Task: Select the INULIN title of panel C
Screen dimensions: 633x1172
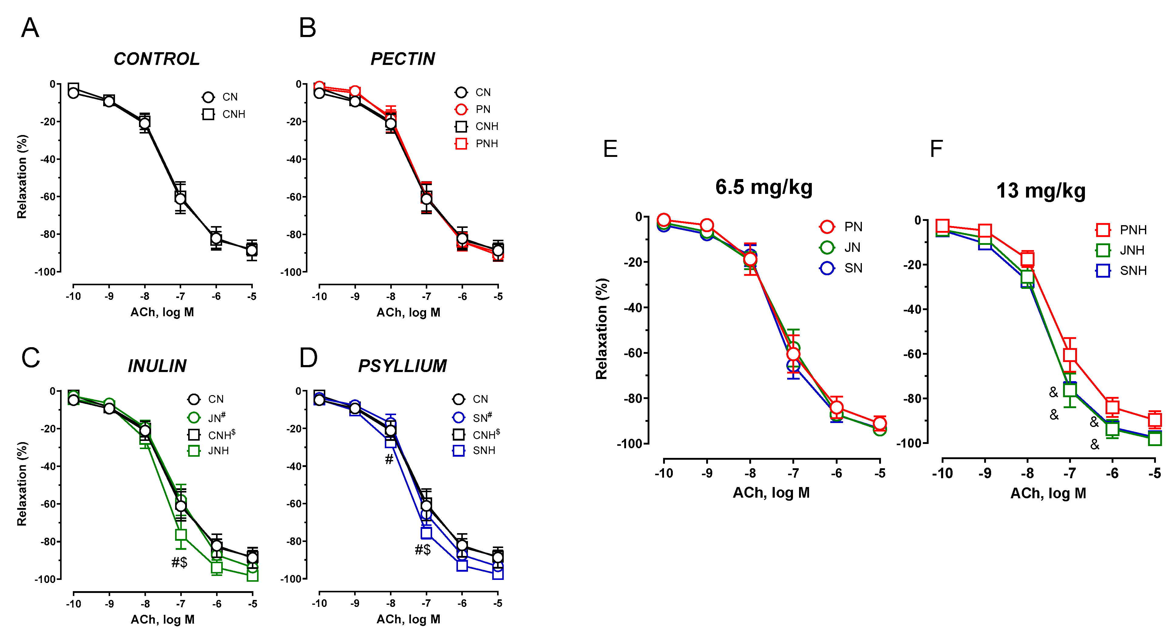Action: click(x=157, y=366)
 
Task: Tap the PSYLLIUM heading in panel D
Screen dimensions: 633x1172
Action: click(x=402, y=366)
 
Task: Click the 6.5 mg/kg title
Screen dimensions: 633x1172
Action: click(x=764, y=187)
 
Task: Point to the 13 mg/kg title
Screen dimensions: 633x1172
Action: click(x=1041, y=191)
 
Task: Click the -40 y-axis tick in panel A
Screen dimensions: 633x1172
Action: click(x=48, y=159)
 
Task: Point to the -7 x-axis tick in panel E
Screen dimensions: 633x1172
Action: click(x=793, y=473)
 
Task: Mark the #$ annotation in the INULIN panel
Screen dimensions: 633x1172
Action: click(x=179, y=563)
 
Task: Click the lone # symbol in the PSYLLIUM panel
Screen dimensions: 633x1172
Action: click(x=389, y=460)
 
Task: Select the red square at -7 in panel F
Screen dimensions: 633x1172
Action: click(x=1070, y=355)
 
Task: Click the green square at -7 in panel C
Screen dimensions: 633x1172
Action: click(x=181, y=535)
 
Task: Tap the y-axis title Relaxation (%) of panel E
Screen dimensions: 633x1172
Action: click(x=601, y=329)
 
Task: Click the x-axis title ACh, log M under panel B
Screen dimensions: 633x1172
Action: click(x=408, y=312)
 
